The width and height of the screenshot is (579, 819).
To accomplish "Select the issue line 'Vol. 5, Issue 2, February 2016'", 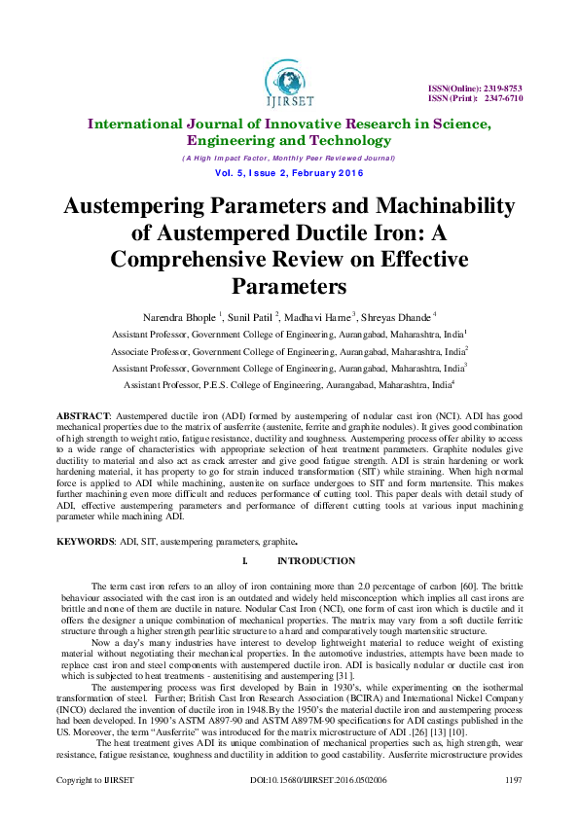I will pos(288,173).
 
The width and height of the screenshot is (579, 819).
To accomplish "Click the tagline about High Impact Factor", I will pos(288,158).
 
